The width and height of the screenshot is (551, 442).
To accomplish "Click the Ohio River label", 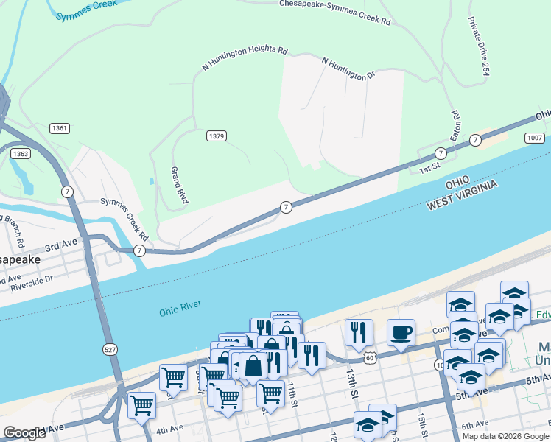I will pos(180,307).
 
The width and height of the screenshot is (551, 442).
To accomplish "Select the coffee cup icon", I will pos(401,333).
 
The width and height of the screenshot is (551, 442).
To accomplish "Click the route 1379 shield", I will pos(216,136).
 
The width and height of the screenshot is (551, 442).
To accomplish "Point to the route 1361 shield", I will pos(60,128).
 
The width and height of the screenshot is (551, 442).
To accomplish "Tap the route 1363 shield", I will pos(21,153).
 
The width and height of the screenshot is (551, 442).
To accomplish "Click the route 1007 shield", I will pos(535,138).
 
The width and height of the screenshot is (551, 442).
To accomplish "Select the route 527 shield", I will pos(110,350).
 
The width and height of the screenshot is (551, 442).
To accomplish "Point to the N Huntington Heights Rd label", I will pos(245,59).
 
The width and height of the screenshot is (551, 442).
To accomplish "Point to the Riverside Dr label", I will pos(27,280).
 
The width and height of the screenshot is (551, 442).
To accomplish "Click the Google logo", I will pos(24,433).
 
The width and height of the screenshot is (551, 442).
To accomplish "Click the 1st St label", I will pos(429,169).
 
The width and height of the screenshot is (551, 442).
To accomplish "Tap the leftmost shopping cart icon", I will pos(141,404).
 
